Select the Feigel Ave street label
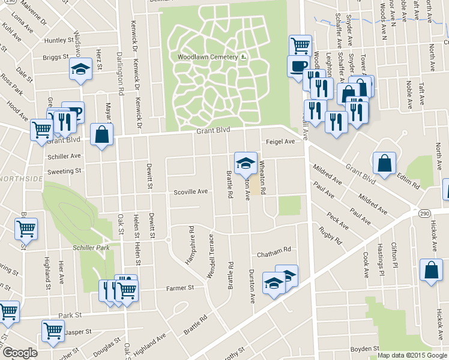281,142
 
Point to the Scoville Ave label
190,192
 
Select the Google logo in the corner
19,353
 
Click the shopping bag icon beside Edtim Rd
384,163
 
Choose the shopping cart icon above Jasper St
53,329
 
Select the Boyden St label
365,348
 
